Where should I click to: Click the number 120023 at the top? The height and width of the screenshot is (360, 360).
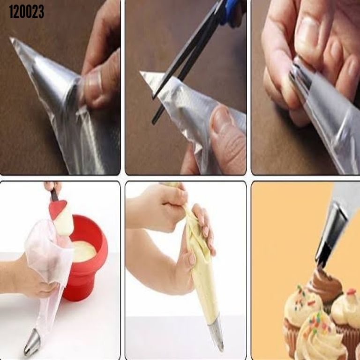tap(26, 12)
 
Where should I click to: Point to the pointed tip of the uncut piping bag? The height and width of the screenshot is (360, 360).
tap(11, 38)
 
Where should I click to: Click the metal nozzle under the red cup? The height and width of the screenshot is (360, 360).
tap(32, 342)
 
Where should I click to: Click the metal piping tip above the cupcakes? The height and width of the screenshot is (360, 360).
tap(330, 236)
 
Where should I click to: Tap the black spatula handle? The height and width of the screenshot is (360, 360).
tap(54, 195)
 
